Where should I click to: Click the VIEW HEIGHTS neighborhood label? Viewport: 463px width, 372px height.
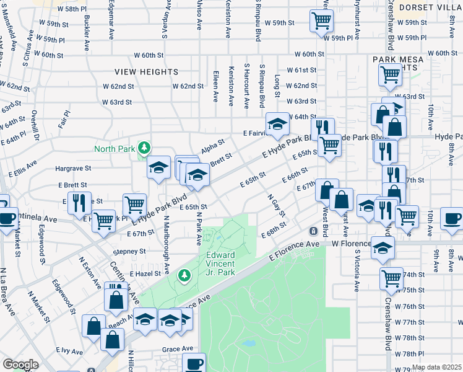[x=146, y=72]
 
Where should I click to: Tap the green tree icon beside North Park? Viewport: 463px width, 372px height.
[x=144, y=148]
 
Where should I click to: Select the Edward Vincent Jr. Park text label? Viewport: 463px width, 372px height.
[x=220, y=263]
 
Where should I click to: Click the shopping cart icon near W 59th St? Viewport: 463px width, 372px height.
[x=322, y=20]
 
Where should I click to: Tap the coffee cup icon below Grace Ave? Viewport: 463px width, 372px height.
[x=194, y=362]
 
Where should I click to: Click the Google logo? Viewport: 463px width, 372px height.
[x=20, y=365]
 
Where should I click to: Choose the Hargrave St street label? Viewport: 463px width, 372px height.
[x=73, y=168]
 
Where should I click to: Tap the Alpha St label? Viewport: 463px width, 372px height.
[x=212, y=148]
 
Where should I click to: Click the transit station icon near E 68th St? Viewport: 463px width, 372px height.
[x=314, y=231]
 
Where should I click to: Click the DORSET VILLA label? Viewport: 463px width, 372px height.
[x=430, y=7]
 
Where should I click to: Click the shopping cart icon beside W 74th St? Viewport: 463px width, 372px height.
[x=391, y=278]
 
